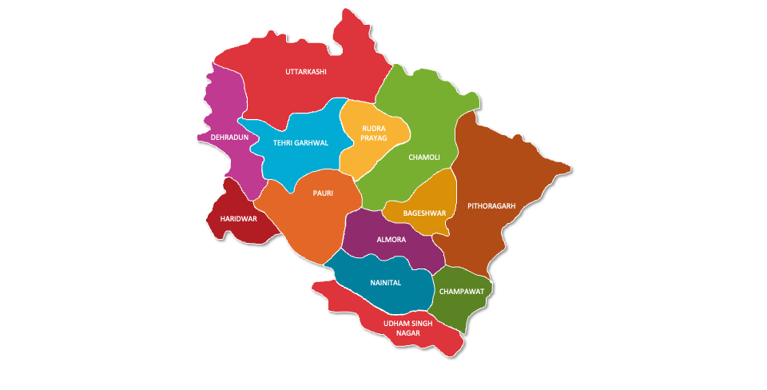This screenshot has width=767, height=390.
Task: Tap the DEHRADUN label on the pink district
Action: tap(229, 137)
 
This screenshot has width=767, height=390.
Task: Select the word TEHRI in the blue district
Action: tap(284, 143)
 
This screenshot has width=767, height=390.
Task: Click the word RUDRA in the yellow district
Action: tap(374, 128)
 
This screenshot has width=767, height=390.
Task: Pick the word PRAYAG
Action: tap(374, 138)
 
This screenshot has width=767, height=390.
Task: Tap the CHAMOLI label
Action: tap(424, 157)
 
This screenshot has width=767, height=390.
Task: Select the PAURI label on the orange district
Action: tap(323, 193)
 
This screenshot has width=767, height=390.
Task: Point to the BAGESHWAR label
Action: tap(425, 213)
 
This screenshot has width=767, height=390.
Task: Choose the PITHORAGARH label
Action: tap(491, 205)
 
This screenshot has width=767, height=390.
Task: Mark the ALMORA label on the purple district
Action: tap(391, 240)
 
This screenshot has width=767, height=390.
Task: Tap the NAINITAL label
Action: tap(386, 283)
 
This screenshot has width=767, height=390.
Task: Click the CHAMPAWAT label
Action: tap(461, 292)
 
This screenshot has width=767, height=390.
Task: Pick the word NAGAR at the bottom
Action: tap(408, 333)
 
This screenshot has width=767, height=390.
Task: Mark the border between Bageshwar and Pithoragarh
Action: tap(454, 200)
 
